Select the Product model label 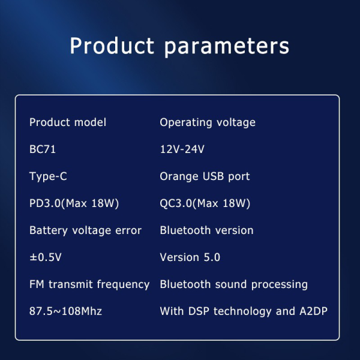[x=68, y=122]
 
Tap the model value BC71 [x=43, y=149]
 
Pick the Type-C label [x=48, y=176]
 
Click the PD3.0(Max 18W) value [x=74, y=203]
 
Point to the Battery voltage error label [x=85, y=230]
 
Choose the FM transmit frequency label [x=89, y=284]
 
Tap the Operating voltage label [x=208, y=122]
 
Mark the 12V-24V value [x=182, y=149]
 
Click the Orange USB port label [x=205, y=176]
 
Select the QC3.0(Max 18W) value [x=205, y=203]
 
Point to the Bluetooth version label [x=206, y=230]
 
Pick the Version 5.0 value [x=190, y=257]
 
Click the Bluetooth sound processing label [x=233, y=284]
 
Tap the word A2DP [x=313, y=311]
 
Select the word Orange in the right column [x=177, y=177]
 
